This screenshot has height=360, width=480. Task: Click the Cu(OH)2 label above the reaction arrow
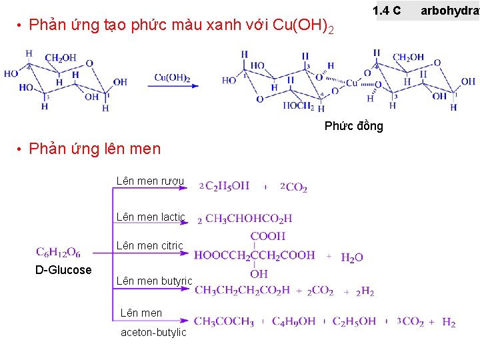173,78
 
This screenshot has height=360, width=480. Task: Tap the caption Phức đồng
354,126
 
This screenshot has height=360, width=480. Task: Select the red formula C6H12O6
59,252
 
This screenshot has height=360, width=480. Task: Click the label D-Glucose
63,270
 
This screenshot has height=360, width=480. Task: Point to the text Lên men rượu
150,181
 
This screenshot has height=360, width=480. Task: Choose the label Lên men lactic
151,217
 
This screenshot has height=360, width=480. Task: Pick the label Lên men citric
149,246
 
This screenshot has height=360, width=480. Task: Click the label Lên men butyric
154,281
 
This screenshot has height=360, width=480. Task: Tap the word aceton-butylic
153,332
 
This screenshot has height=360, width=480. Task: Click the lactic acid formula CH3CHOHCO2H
248,218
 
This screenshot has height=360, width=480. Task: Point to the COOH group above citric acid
268,236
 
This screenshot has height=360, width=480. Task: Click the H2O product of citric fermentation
352,257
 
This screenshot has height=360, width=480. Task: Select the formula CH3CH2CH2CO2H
242,290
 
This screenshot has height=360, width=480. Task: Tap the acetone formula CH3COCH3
224,322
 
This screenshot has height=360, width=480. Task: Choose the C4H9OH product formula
293,322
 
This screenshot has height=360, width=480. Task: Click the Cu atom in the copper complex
351,83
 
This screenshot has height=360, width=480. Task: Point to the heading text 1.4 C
387,11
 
